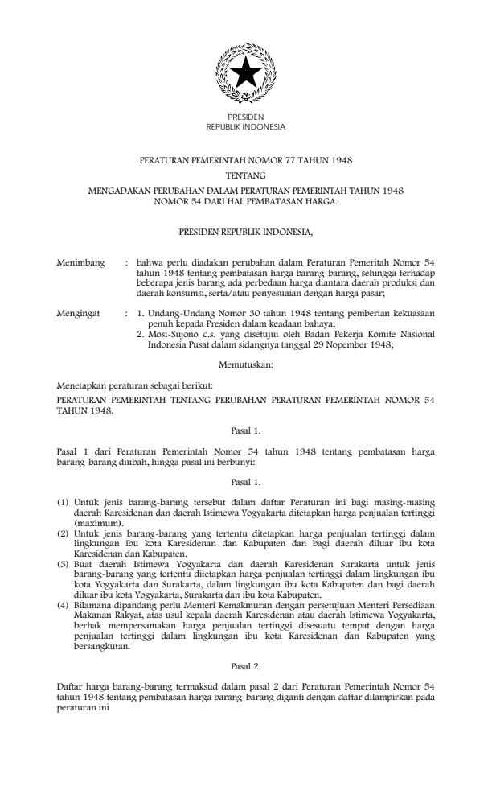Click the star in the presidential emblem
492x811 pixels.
pyautogui.click(x=245, y=74)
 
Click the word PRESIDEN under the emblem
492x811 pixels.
pyautogui.click(x=245, y=118)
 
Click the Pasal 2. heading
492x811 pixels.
pyautogui.click(x=245, y=667)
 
